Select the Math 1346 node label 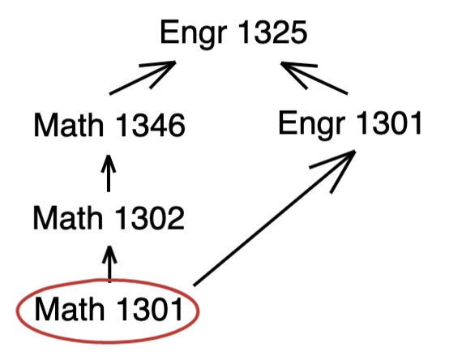(x=109, y=125)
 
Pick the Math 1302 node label (x=109, y=217)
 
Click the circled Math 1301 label (x=109, y=309)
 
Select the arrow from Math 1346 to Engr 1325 (x=143, y=77)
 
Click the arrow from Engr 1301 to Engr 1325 (x=314, y=78)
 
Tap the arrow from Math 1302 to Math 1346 (x=109, y=174)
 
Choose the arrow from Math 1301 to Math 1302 (x=109, y=264)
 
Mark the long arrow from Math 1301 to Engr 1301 (x=274, y=218)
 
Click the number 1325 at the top (x=272, y=32)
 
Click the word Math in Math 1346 (x=69, y=125)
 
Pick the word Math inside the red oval (x=70, y=309)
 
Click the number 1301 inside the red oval (x=149, y=309)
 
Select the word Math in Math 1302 (x=68, y=217)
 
